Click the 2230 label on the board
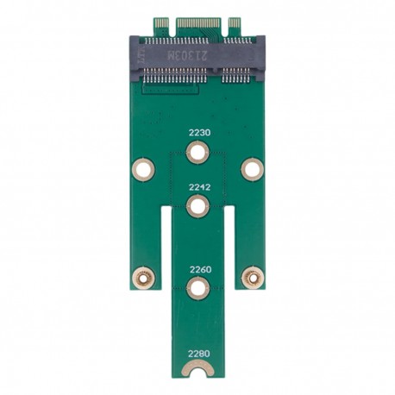(x=198, y=133)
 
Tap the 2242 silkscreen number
(x=198, y=185)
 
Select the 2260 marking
(x=198, y=268)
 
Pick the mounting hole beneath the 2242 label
(x=198, y=206)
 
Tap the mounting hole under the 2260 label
(x=198, y=288)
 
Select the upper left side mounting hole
(x=143, y=169)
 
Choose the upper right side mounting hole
(x=251, y=169)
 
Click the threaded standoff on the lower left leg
(x=143, y=277)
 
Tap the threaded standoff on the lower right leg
(x=251, y=277)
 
